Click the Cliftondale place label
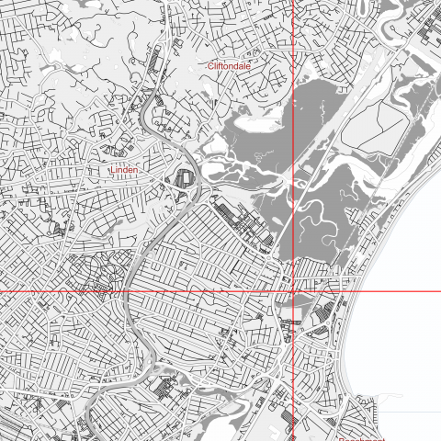click(229, 66)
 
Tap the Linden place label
click(123, 170)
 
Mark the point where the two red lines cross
click(293, 291)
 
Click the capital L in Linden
click(111, 170)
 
